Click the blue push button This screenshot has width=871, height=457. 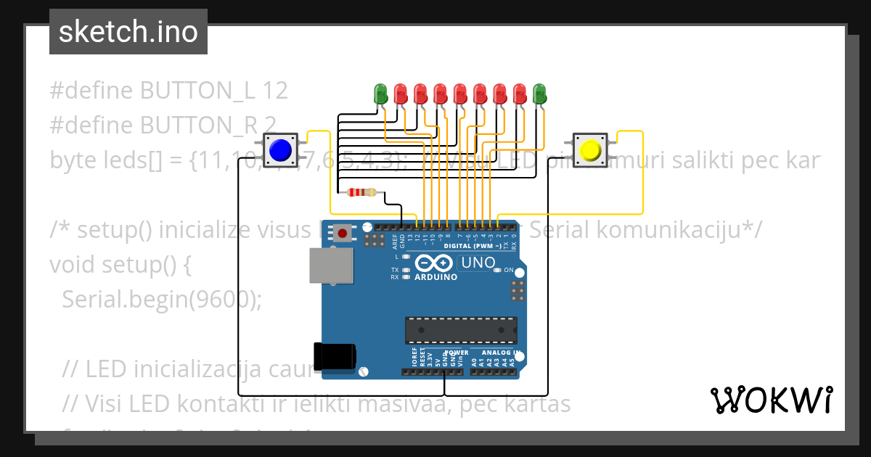(280, 150)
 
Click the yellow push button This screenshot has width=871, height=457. (590, 149)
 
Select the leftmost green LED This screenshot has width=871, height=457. (380, 93)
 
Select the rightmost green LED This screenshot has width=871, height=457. (539, 93)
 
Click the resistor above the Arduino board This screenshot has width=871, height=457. (361, 192)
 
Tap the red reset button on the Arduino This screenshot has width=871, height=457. (343, 233)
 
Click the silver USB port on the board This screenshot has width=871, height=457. (330, 265)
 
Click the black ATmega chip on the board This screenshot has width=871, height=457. (461, 330)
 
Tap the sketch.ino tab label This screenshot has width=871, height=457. (128, 32)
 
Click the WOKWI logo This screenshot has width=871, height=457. (771, 400)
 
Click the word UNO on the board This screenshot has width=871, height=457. (478, 263)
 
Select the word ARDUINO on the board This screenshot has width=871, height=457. (435, 277)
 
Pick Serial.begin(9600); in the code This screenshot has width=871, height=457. (161, 299)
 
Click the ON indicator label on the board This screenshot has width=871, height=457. (508, 271)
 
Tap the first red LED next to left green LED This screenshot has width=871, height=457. (401, 93)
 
